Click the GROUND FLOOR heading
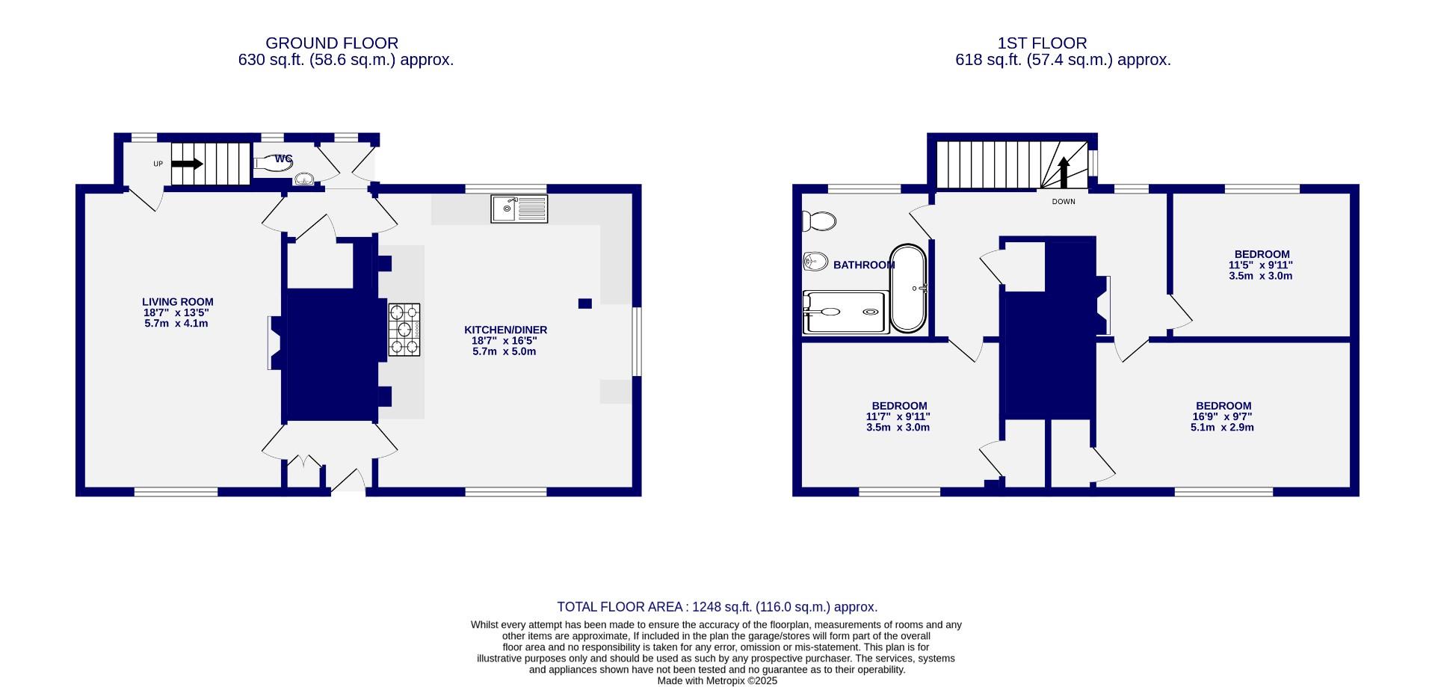click(x=332, y=43)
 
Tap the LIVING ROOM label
click(x=179, y=302)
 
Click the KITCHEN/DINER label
click(x=505, y=330)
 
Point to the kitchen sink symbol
click(x=519, y=209)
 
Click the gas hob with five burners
click(x=404, y=329)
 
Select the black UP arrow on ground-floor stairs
click(x=188, y=164)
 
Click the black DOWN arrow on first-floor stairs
click(x=1064, y=172)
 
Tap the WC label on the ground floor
click(x=283, y=158)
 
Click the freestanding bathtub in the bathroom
click(x=908, y=288)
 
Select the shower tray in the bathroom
click(x=845, y=312)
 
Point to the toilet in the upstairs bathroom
click(x=818, y=221)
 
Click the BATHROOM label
click(x=863, y=265)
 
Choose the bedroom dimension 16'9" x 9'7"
click(x=1222, y=417)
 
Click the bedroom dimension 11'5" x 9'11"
click(x=1261, y=265)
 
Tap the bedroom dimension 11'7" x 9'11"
click(x=898, y=417)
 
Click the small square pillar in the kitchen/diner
click(x=585, y=304)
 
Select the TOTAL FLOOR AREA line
click(x=717, y=607)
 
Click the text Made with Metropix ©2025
click(x=717, y=681)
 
